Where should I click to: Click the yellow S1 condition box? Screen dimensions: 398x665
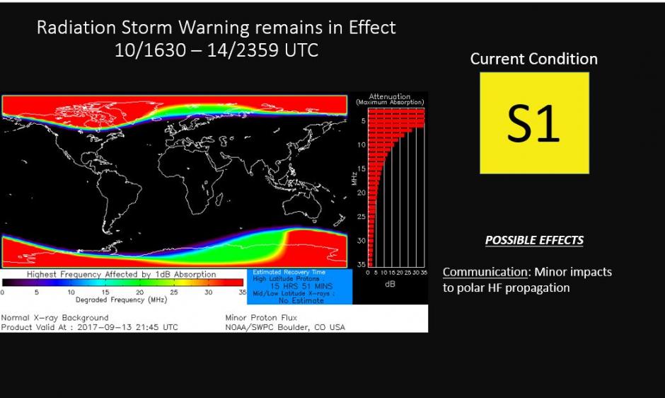point(534,123)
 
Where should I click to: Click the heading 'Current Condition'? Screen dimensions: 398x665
point(533,59)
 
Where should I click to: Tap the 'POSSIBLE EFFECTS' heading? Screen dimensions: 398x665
point(534,240)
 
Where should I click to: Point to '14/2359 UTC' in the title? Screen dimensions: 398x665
point(272,51)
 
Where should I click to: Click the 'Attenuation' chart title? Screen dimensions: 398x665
point(389,96)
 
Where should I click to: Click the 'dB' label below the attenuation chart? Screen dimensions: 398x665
point(389,285)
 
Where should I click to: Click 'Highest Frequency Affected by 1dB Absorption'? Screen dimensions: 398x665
point(122,274)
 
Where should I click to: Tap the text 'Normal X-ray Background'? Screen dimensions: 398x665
point(55,318)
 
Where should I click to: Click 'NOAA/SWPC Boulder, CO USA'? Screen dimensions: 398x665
point(285,327)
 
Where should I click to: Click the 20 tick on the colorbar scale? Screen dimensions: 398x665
point(139,292)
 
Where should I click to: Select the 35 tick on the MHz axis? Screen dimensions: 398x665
point(361,264)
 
